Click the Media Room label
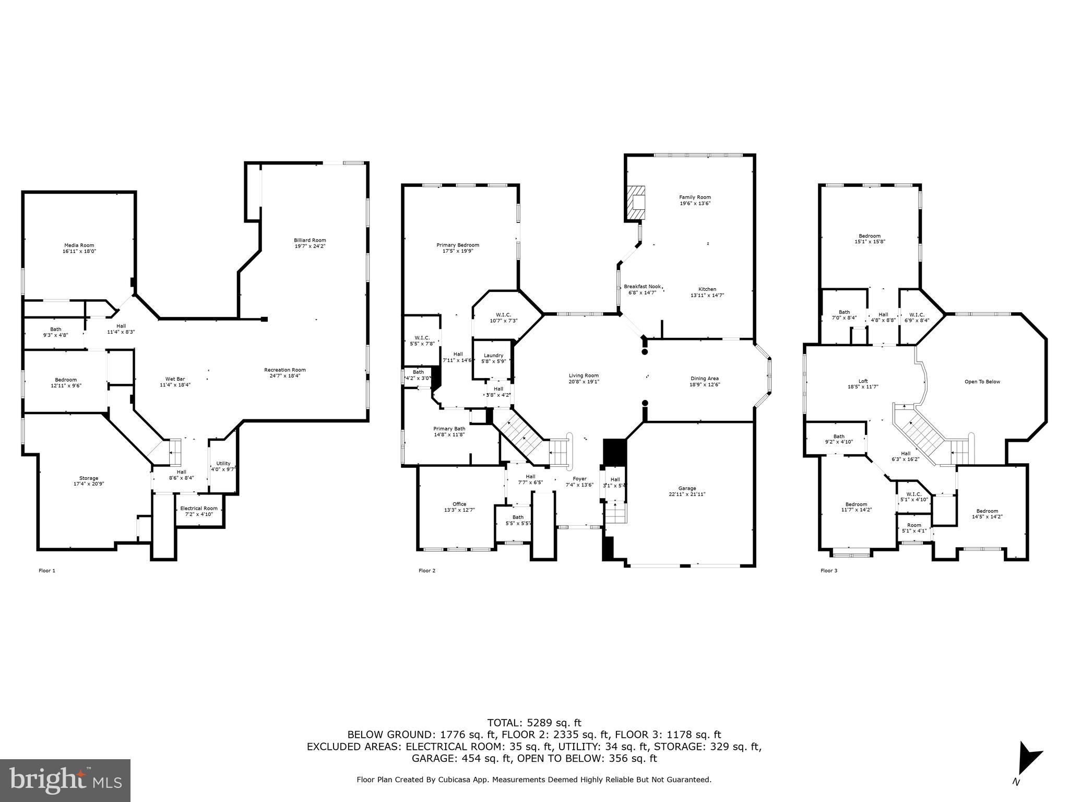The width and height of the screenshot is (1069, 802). click(79, 248)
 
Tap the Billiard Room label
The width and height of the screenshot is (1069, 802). click(310, 243)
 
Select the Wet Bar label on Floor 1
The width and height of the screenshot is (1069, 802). click(175, 382)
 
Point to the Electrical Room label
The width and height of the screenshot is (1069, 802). click(199, 511)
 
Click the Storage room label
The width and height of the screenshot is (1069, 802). click(89, 481)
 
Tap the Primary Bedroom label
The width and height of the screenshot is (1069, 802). click(458, 247)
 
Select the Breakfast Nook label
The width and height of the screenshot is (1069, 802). click(642, 289)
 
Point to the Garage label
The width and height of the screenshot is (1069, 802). click(687, 491)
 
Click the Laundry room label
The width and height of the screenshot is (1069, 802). click(493, 358)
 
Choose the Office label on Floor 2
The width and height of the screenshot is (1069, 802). click(459, 506)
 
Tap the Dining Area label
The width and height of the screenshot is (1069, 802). click(705, 381)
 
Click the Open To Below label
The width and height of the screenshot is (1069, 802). click(982, 382)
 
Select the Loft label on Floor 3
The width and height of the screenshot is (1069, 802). click(863, 384)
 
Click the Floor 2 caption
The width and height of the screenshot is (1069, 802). click(426, 571)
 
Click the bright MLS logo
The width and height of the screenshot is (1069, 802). click(65, 780)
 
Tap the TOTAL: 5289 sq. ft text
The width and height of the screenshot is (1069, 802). click(534, 723)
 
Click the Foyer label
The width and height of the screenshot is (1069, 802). click(579, 481)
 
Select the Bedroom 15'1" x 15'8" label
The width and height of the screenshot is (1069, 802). click(870, 239)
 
